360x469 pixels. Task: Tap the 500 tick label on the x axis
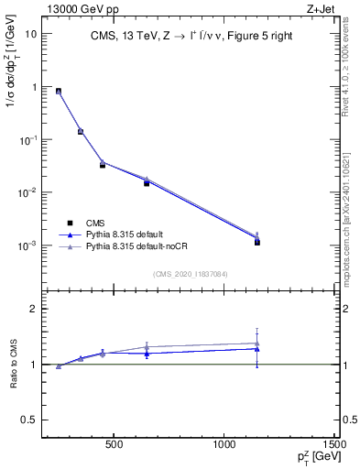pyautogui.click(x=115, y=447)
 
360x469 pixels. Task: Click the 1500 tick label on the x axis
pyautogui.click(x=334, y=447)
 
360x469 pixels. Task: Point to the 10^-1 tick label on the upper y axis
pyautogui.click(x=28, y=140)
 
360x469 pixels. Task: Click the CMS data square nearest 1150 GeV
pyautogui.click(x=257, y=242)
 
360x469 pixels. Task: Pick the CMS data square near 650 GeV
pyautogui.click(x=147, y=183)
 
